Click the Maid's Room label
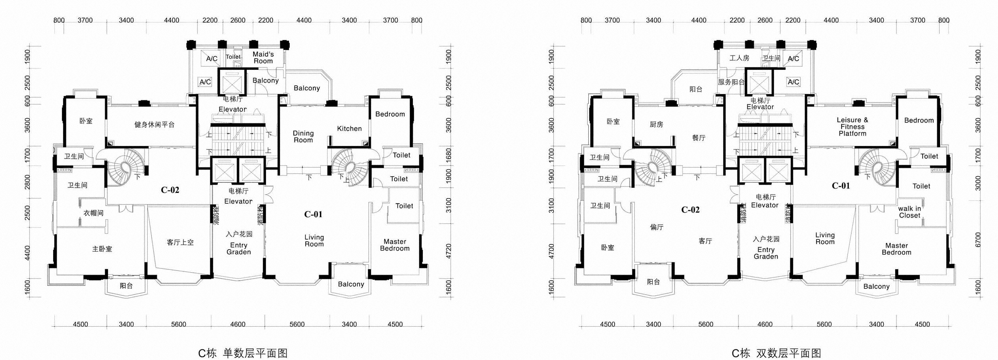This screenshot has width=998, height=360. [x=263, y=58]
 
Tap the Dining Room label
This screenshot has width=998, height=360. [x=303, y=137]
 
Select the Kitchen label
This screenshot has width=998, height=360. [x=349, y=129]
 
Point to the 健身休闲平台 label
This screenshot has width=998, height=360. [x=154, y=125]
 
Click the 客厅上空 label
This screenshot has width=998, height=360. [x=180, y=242]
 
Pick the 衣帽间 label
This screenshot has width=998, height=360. [x=93, y=213]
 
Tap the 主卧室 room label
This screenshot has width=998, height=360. [x=102, y=249]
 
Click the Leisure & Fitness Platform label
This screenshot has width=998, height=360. [x=852, y=127]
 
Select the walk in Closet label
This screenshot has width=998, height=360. [x=909, y=212]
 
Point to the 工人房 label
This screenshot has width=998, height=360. [x=739, y=58]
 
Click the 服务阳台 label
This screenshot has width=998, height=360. [x=731, y=82]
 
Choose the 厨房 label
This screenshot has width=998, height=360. [x=656, y=124]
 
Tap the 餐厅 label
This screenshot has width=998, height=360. [x=699, y=138]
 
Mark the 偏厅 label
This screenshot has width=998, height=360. [x=657, y=227]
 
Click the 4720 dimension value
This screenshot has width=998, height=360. [x=449, y=251]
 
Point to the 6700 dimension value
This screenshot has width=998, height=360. [x=978, y=239]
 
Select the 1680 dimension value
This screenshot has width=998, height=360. [x=449, y=155]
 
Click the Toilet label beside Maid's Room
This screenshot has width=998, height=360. [x=233, y=57]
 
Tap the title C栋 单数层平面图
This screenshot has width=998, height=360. [x=243, y=353]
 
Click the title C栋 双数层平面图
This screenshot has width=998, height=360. [x=776, y=353]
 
